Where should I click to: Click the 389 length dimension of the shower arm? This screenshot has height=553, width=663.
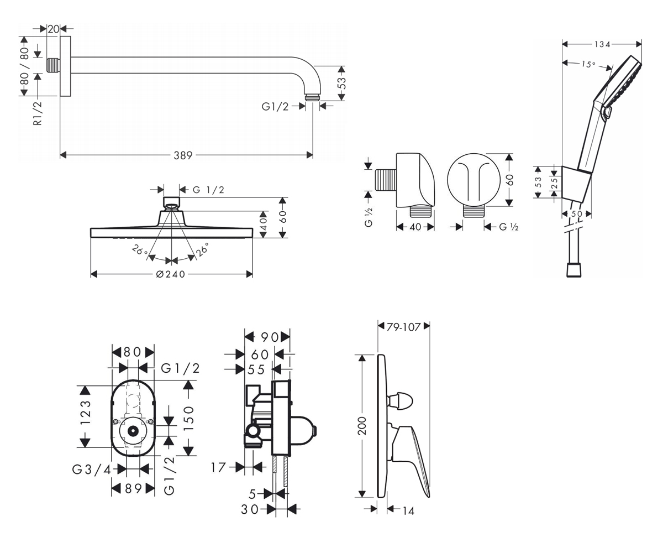tap(183, 155)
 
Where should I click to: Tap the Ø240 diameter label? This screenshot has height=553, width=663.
tap(171, 274)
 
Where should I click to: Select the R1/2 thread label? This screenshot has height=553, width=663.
tap(38, 113)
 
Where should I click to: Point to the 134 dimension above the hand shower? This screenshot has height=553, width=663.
tap(602, 44)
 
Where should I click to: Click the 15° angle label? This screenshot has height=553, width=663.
tap(588, 64)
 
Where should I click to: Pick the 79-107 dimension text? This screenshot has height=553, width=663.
tap(403, 327)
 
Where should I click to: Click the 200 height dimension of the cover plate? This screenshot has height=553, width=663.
tap(362, 426)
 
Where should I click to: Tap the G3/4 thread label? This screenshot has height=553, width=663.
tap(92, 469)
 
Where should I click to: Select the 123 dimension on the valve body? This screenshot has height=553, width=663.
tap(86, 413)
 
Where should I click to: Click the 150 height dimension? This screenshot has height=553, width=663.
tap(188, 419)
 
